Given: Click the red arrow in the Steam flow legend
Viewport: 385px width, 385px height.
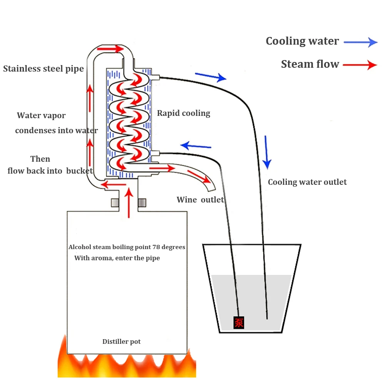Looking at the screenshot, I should coord(360,65).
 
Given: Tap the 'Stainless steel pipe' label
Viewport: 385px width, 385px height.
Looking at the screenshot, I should coord(43,69).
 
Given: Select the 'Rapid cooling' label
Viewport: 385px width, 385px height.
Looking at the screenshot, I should coord(184,113).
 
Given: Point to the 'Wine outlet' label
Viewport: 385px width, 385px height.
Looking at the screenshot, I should coord(200,200).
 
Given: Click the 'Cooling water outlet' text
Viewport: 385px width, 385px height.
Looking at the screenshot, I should coord(307,182).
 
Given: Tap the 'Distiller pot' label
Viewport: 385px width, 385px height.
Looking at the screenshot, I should coord(121,341).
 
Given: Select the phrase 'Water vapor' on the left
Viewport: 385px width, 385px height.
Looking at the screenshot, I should coord(41,115).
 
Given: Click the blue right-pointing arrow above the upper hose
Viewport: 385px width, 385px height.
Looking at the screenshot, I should coord(210,77).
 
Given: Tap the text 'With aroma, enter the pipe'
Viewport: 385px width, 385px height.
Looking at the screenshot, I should coord(117,258).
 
